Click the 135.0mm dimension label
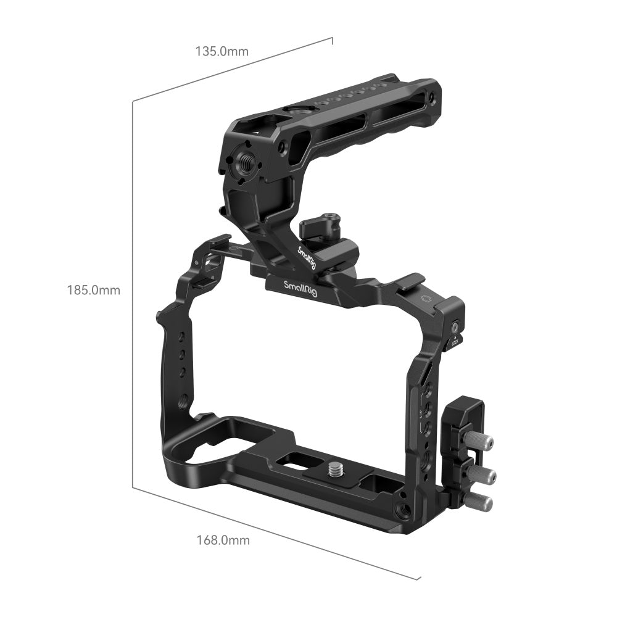tap(222, 51)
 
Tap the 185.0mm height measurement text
tap(94, 290)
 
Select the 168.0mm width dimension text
tap(223, 540)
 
